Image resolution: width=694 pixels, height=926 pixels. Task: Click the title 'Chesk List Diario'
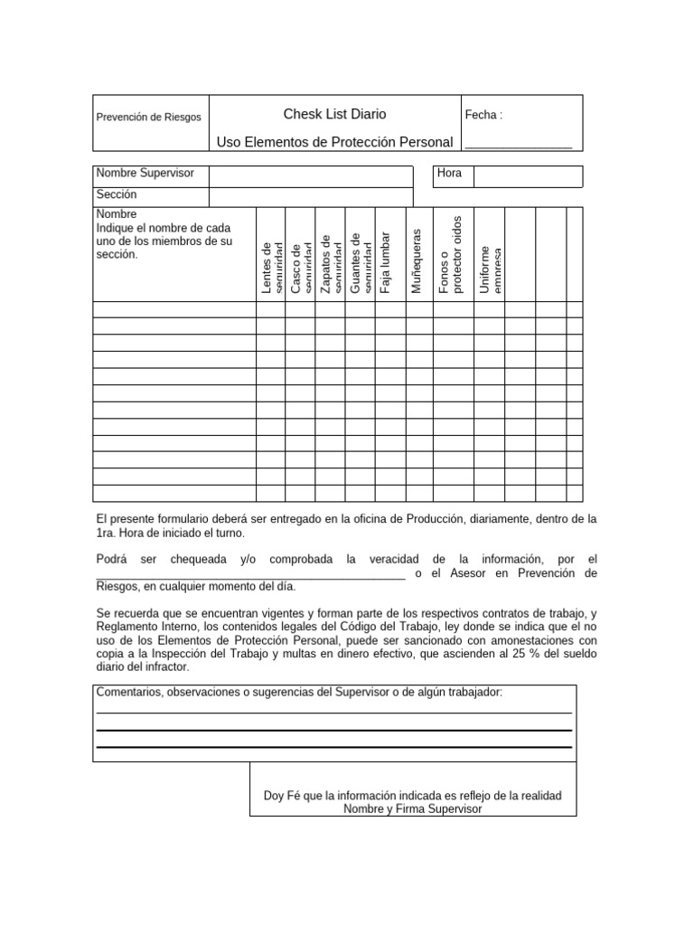click(334, 114)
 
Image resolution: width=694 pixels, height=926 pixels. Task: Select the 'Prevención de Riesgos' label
click(149, 118)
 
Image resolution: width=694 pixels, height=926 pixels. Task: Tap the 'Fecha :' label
click(483, 115)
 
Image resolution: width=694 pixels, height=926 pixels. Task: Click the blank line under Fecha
click(518, 145)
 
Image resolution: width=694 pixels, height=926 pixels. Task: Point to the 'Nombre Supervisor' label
click(145, 173)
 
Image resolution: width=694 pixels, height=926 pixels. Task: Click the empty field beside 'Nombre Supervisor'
click(311, 175)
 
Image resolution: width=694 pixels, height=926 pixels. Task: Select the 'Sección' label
click(117, 194)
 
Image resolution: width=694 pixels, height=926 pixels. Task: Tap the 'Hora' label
click(449, 173)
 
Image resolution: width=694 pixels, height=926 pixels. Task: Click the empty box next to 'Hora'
click(528, 176)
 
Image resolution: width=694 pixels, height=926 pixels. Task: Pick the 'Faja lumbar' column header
click(386, 262)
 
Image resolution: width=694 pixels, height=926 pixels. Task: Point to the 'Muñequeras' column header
click(417, 260)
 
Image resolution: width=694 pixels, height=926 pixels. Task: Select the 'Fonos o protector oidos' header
click(449, 255)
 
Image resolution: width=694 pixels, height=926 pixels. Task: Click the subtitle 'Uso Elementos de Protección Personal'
click(334, 142)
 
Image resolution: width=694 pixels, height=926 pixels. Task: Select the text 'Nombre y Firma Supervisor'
click(412, 809)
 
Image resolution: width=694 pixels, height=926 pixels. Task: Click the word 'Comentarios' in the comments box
click(127, 693)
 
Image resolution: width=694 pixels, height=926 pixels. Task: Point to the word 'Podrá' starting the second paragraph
click(112, 560)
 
